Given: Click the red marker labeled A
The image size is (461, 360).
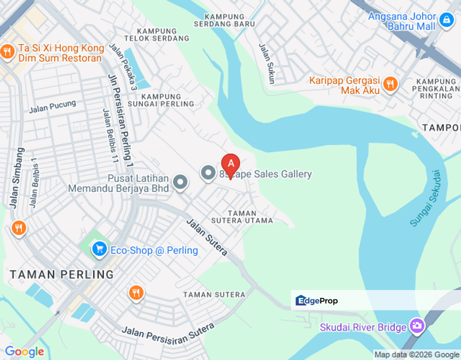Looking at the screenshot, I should point(230,163).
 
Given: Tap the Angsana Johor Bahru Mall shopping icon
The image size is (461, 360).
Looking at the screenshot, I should point(445,20).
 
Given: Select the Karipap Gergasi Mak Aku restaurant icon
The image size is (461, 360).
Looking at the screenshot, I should point(390,83).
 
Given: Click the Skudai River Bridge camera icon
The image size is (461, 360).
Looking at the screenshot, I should point(416,327).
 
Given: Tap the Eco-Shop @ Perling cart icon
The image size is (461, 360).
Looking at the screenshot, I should point(99,248).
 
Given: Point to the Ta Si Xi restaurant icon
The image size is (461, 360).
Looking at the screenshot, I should point(7,51).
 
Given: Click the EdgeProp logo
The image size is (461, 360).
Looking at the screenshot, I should point(316,300).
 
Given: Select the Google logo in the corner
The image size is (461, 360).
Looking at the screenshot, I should point(24,352).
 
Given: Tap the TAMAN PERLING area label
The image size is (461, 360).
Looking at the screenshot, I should point(61,274).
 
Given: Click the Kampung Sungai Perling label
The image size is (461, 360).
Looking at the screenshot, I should point(167,100).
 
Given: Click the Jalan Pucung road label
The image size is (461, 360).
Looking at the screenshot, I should point(52,106).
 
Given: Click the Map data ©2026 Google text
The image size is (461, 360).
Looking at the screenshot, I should point(416,355).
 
